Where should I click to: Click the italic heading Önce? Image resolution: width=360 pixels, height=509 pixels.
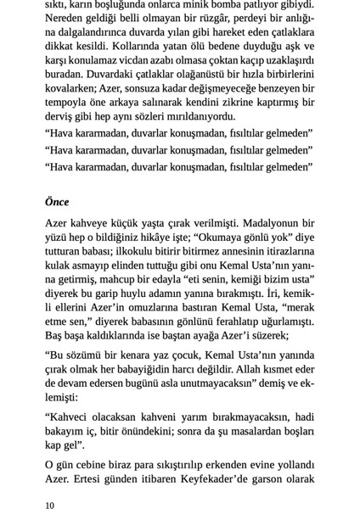58,202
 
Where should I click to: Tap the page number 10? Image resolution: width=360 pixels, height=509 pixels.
51,505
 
